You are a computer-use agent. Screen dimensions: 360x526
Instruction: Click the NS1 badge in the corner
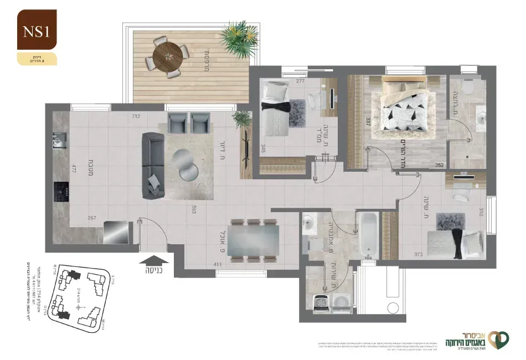point(37,31)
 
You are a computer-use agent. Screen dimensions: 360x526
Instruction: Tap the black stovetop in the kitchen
point(60,192)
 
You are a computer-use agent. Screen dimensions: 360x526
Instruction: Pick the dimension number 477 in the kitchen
point(73,168)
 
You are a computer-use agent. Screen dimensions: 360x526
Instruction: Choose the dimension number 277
point(301,81)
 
